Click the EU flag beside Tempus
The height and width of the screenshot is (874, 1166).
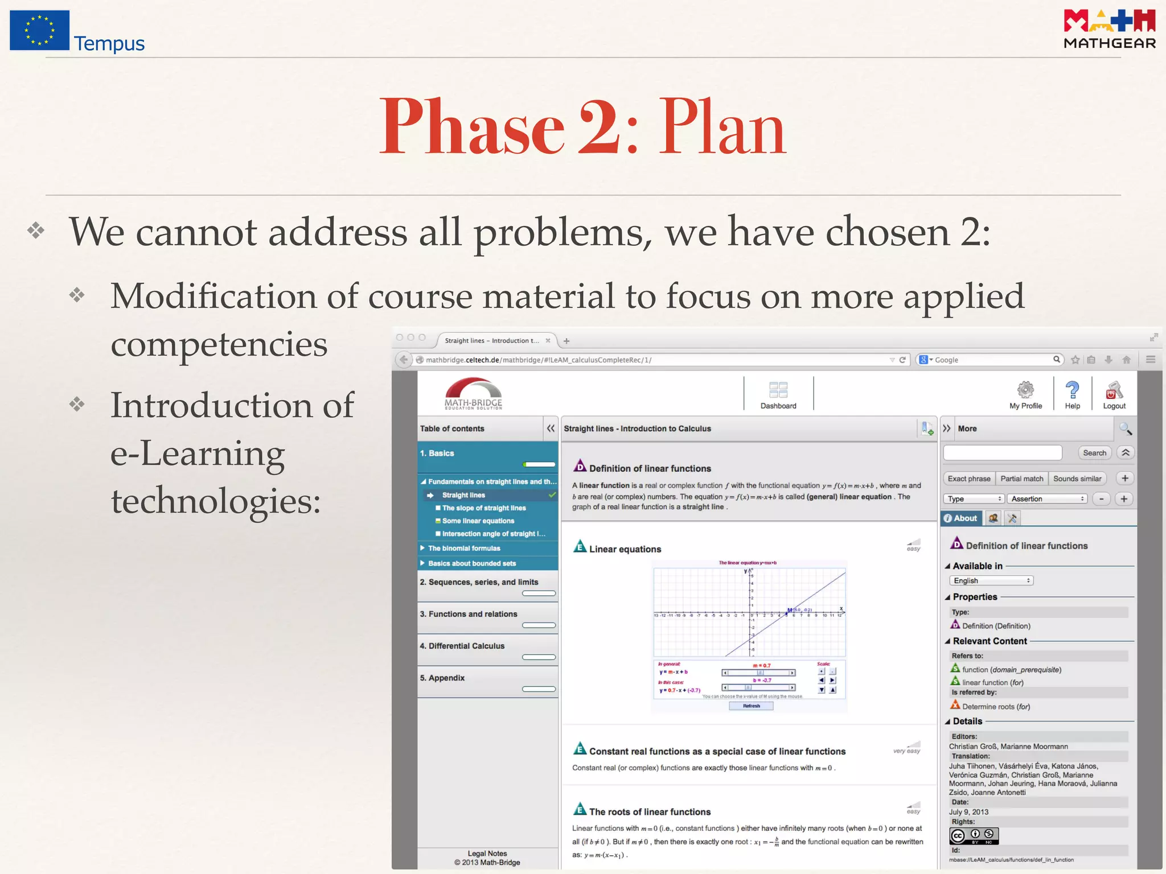(x=39, y=30)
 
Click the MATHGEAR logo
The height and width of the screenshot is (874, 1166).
(x=1109, y=30)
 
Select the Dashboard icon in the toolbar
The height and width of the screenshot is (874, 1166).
(x=778, y=390)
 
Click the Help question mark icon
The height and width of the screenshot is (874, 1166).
(x=1072, y=390)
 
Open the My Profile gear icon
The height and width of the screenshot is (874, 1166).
(x=1025, y=390)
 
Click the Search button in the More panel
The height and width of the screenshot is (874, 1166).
(x=1094, y=453)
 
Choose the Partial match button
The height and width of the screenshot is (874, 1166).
(x=1022, y=479)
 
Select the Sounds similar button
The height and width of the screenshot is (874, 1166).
(x=1077, y=479)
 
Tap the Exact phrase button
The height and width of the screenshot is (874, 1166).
(x=969, y=479)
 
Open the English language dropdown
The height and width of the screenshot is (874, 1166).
(x=991, y=580)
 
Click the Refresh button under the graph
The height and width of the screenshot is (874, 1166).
(x=751, y=706)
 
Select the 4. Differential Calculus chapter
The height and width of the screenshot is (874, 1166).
(x=462, y=646)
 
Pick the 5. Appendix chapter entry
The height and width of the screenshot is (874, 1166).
(x=442, y=678)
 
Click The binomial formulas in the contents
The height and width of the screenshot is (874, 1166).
(x=464, y=548)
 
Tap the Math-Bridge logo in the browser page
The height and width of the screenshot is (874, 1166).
(x=473, y=393)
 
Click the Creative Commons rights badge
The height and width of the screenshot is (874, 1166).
(x=974, y=835)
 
